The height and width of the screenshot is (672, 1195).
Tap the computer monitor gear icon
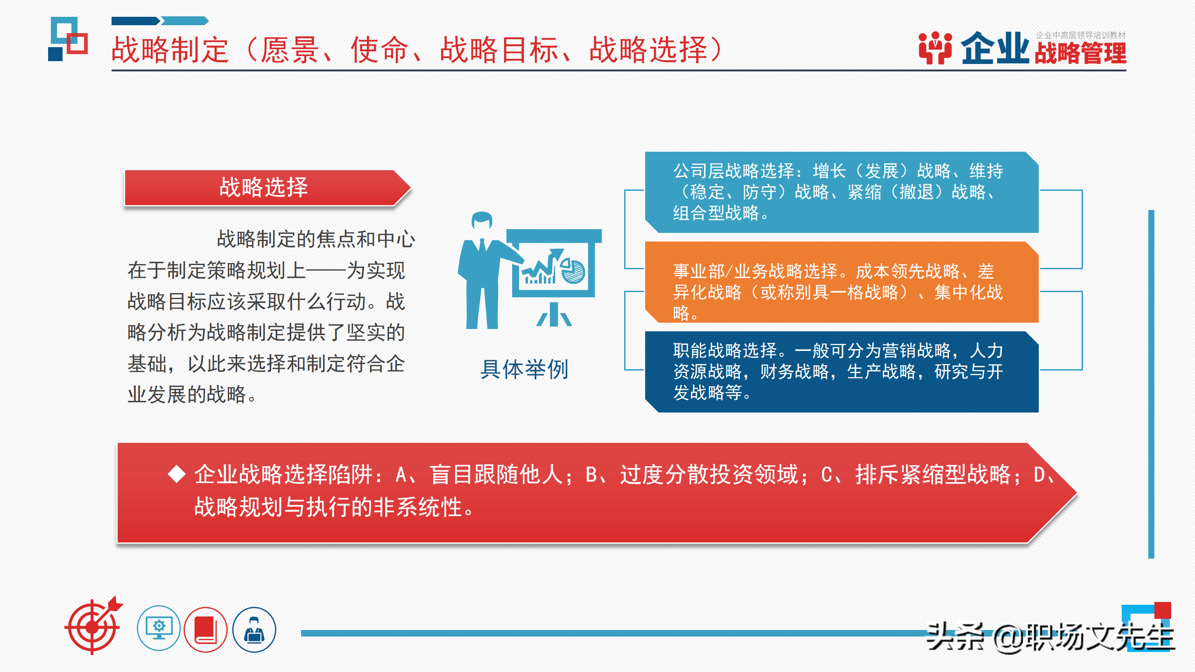click(x=159, y=628)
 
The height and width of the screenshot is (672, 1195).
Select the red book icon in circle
click(x=205, y=629)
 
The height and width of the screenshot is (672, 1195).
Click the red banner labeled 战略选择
click(x=264, y=188)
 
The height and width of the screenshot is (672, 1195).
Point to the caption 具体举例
click(x=525, y=370)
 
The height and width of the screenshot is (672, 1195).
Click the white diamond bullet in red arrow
click(x=177, y=474)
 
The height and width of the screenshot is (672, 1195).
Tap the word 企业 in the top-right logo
click(x=995, y=49)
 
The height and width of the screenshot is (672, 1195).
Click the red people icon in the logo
click(x=935, y=48)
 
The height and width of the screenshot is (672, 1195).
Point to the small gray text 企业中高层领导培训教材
click(x=1081, y=35)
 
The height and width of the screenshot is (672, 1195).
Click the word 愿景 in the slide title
click(x=289, y=50)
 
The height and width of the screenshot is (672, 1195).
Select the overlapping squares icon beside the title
click(x=68, y=39)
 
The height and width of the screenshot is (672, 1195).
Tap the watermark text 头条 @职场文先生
click(x=1050, y=637)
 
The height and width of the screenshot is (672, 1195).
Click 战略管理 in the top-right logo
click(x=1080, y=53)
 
